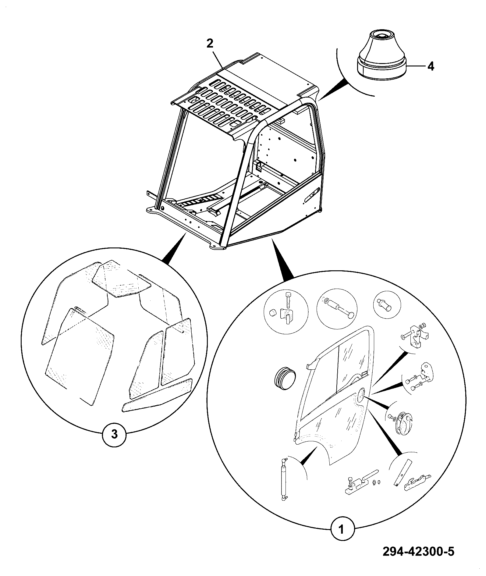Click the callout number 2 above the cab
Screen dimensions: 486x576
coord(210,44)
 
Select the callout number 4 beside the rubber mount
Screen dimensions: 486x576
coord(431,66)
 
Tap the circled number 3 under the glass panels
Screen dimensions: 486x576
coord(114,443)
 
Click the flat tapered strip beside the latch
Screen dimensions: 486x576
coord(402,477)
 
